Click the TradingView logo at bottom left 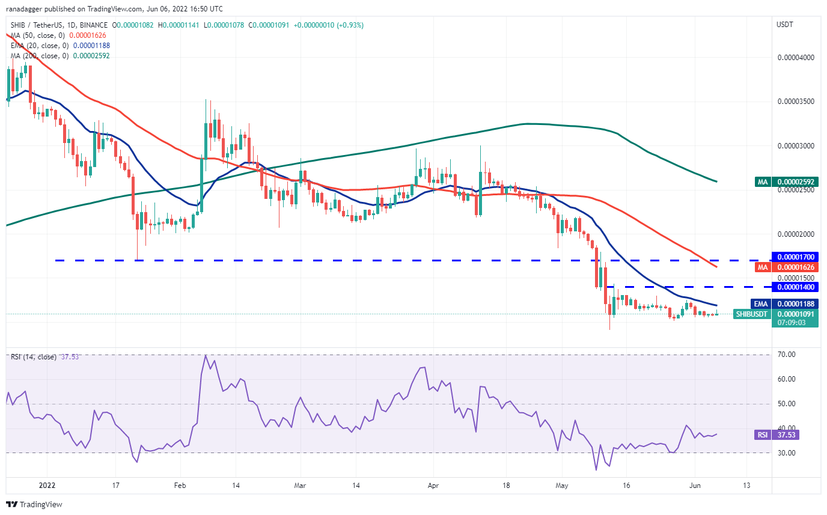(34, 504)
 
